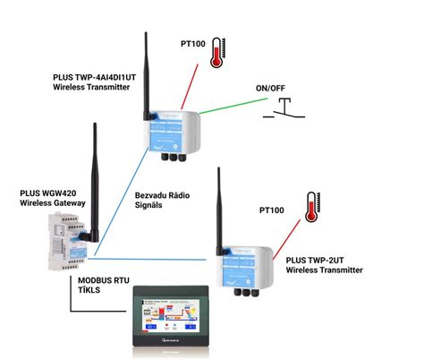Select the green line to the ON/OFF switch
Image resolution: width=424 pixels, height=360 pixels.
tap(231, 115)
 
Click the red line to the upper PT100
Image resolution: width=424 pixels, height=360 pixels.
tap(193, 90)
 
